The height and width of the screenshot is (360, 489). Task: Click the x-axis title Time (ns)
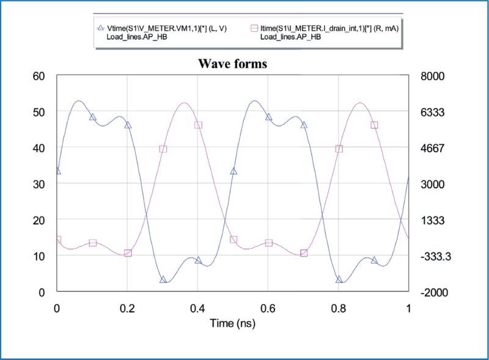(232, 322)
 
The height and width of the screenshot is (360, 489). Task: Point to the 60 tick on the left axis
(39, 76)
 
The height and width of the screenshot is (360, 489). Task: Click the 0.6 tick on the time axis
(268, 307)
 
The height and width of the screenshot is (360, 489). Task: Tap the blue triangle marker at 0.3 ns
(163, 279)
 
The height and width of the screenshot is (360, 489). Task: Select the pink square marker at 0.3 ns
(163, 149)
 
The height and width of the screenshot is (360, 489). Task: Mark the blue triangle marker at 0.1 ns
(93, 117)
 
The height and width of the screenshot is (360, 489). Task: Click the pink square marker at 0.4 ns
(198, 125)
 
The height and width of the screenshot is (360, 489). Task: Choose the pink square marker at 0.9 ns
(375, 125)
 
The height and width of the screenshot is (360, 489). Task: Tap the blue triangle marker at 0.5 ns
(233, 171)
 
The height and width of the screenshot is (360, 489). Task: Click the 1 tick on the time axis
(408, 307)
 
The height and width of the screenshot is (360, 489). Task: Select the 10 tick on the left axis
(39, 256)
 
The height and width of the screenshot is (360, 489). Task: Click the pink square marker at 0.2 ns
(128, 253)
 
